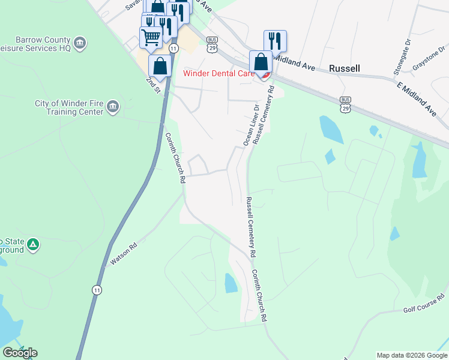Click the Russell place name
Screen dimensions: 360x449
pos(344,68)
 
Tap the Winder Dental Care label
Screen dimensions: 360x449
pos(219,74)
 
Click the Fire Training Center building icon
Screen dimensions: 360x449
pos(112,107)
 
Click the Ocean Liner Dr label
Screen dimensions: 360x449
pos(250,125)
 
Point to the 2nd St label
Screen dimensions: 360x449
pos(154,85)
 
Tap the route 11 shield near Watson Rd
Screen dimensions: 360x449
pos(96,290)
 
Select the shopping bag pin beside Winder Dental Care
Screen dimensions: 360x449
pos(261,62)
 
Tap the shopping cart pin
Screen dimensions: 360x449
pos(150,37)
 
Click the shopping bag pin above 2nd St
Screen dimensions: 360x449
pos(160,65)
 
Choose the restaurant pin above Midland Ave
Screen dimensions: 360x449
pos(275,41)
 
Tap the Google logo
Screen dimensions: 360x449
pos(20,353)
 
